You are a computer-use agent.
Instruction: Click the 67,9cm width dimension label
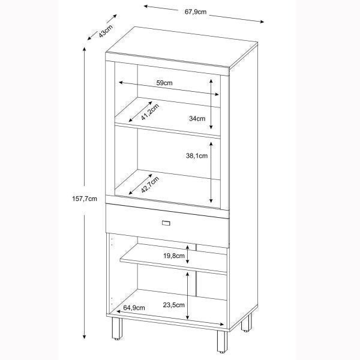(196, 11)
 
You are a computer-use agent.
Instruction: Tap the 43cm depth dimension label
(106, 31)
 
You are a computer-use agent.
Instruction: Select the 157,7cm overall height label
(85, 199)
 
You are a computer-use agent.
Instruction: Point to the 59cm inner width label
(164, 83)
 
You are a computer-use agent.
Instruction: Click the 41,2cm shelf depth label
(150, 112)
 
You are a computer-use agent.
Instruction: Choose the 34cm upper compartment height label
(197, 118)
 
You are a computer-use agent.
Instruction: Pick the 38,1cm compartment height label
(197, 155)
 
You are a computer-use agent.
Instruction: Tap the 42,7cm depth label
(150, 185)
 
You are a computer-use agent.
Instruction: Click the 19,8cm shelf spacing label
(174, 256)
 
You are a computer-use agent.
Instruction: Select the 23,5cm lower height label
(174, 305)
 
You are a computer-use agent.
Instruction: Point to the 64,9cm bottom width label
(134, 308)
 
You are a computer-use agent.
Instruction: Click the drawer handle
(166, 223)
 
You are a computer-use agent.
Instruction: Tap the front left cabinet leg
(117, 329)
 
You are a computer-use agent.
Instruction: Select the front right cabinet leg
(222, 341)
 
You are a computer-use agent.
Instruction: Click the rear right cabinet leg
(247, 323)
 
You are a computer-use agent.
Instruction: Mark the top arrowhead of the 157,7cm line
(85, 49)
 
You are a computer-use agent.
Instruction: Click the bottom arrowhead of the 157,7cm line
(85, 337)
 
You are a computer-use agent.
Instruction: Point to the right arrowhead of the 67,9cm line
(262, 22)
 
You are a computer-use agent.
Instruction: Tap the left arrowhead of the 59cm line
(121, 82)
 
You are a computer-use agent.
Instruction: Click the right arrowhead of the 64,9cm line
(221, 324)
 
